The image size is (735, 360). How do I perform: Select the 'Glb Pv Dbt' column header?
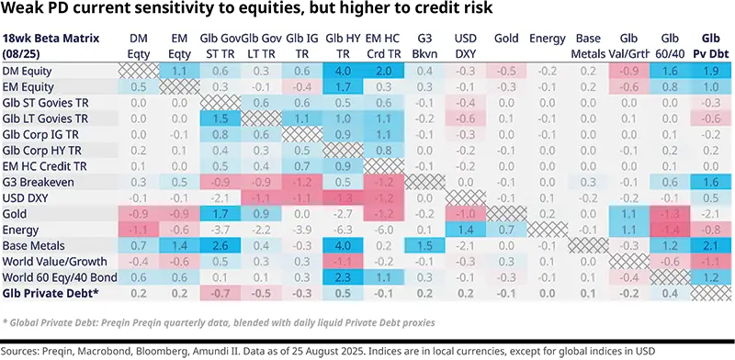click(710, 46)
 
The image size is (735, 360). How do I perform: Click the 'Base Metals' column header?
click(588, 46)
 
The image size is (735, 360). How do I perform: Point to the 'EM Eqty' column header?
click(180, 46)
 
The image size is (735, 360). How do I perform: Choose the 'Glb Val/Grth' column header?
click(629, 46)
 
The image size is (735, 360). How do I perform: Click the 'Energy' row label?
click(22, 230)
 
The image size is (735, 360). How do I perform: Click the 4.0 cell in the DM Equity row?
click(344, 71)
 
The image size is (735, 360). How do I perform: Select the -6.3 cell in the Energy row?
click(344, 230)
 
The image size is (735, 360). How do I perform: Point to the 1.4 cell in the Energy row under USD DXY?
click(465, 230)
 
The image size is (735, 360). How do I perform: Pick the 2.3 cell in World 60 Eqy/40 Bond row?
click(344, 276)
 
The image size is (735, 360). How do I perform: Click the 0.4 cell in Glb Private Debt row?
click(670, 293)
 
